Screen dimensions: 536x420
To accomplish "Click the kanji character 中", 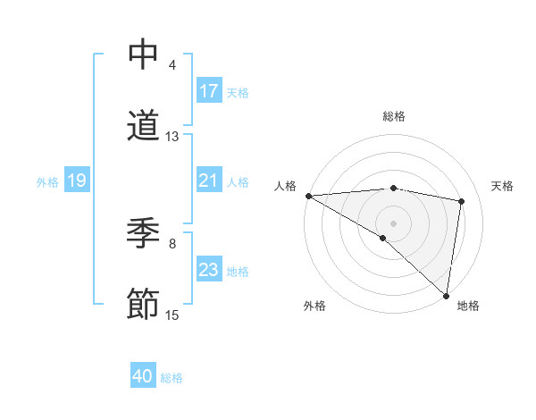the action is point(143,55).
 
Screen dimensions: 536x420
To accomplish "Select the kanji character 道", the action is point(143,125).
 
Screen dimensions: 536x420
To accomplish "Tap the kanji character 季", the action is point(143,234).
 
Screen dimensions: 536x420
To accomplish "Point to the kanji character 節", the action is point(143,304).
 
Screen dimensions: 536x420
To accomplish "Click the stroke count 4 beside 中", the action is point(172,65).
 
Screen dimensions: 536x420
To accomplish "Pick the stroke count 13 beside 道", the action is point(172,136).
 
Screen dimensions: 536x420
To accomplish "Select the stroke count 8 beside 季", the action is point(172,242).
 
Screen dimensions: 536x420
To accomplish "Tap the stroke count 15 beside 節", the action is point(172,315).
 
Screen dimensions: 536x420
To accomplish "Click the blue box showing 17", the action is point(208,91).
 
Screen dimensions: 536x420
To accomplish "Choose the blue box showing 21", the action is point(208,181).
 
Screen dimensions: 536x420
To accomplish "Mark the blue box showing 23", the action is point(208,270).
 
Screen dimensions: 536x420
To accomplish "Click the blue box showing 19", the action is point(76,181).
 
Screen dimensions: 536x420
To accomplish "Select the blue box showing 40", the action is point(143,376).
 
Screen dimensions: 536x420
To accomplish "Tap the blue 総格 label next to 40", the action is point(172,378).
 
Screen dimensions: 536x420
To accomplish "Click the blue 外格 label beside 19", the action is point(47,182).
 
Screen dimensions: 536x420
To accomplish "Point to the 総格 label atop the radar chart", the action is point(393,116).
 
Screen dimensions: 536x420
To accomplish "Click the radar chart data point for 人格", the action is point(308,196).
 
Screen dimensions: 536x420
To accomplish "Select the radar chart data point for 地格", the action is point(446,296).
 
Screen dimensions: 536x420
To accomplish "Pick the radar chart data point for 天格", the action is point(462,201).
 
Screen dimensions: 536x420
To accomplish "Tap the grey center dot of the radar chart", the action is point(393,222).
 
